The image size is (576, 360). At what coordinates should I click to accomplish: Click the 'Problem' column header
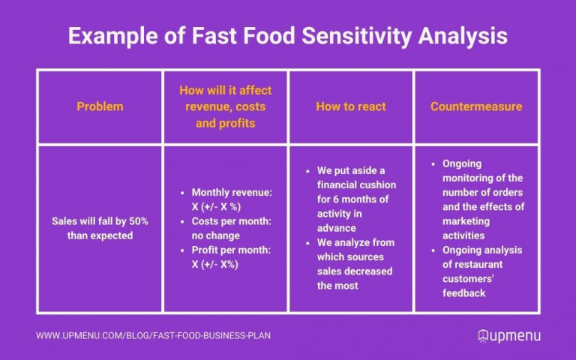tap(99, 106)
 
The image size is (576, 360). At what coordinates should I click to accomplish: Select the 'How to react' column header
tap(350, 106)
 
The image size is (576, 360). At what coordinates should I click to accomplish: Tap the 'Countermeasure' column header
tap(476, 106)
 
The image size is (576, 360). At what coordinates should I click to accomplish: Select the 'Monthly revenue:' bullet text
tap(232, 193)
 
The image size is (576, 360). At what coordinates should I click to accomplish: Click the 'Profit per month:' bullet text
tap(232, 249)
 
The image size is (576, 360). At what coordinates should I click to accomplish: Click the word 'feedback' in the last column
tap(464, 292)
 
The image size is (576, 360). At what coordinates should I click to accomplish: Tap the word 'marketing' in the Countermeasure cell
tap(466, 221)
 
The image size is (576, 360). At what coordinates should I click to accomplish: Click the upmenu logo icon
tap(484, 335)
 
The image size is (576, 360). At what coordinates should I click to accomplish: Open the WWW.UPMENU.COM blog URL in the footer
tap(153, 335)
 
